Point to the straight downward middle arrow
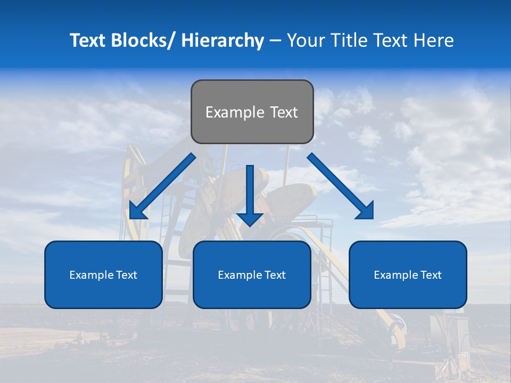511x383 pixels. pos(250,195)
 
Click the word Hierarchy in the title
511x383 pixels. pos(222,40)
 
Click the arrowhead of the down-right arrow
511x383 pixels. pos(366,211)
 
